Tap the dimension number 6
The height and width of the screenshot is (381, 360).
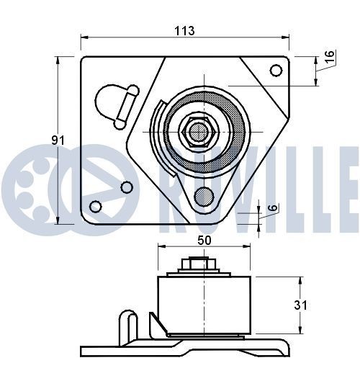[272, 209]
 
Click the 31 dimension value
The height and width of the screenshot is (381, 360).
[300, 305]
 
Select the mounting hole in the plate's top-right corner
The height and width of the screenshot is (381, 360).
[275, 70]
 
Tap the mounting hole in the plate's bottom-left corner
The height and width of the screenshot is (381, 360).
[95, 207]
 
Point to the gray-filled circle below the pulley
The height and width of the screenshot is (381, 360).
[204, 195]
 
